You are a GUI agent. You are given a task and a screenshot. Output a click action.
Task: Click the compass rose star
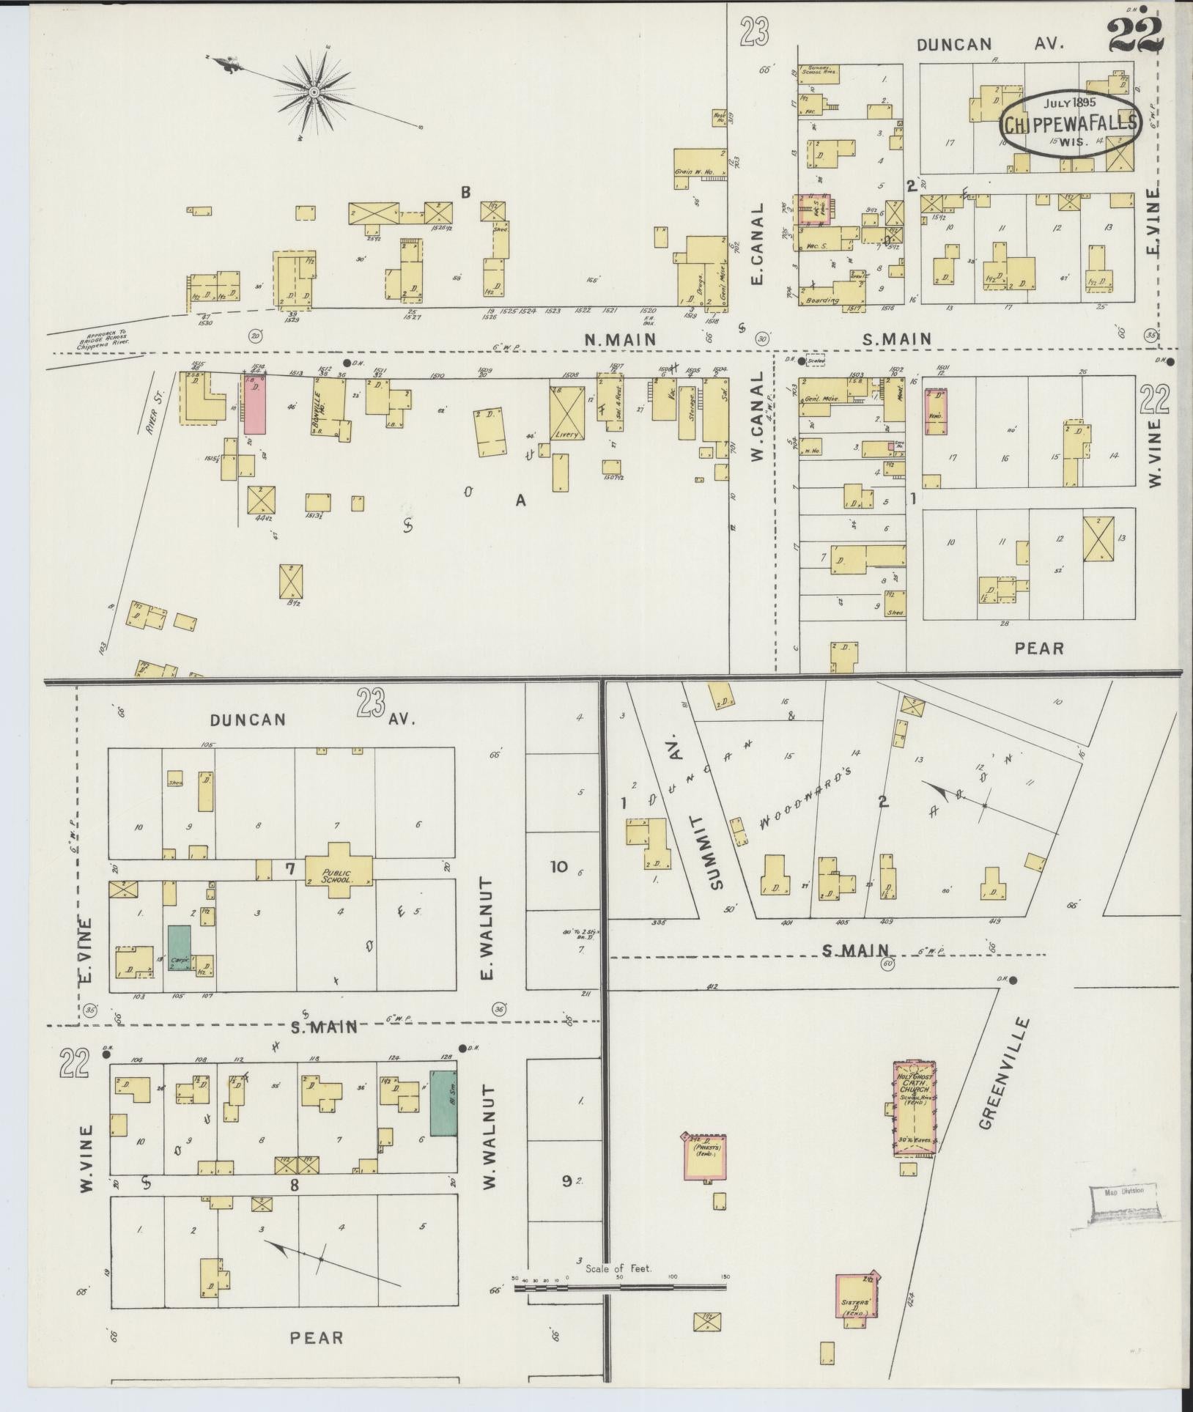coord(314,92)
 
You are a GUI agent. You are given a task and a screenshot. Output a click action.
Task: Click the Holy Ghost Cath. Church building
coord(914,1109)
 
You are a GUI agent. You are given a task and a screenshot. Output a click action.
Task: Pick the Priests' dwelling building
coord(705,1159)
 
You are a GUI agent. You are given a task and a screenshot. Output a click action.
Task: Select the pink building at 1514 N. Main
coord(254,404)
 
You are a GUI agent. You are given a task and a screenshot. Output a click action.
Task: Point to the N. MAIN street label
coord(620,339)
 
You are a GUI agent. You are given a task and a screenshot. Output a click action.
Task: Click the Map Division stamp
coord(1123,1201)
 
